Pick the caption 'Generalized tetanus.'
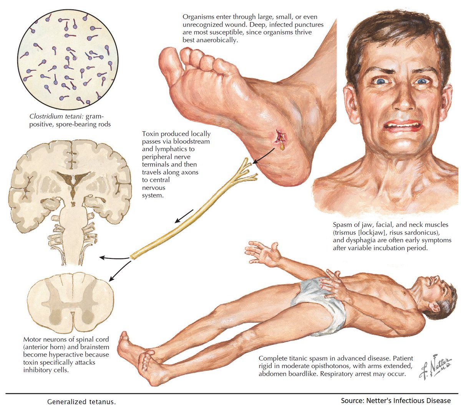[x=81, y=401]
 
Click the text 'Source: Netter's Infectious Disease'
[x=396, y=401]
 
